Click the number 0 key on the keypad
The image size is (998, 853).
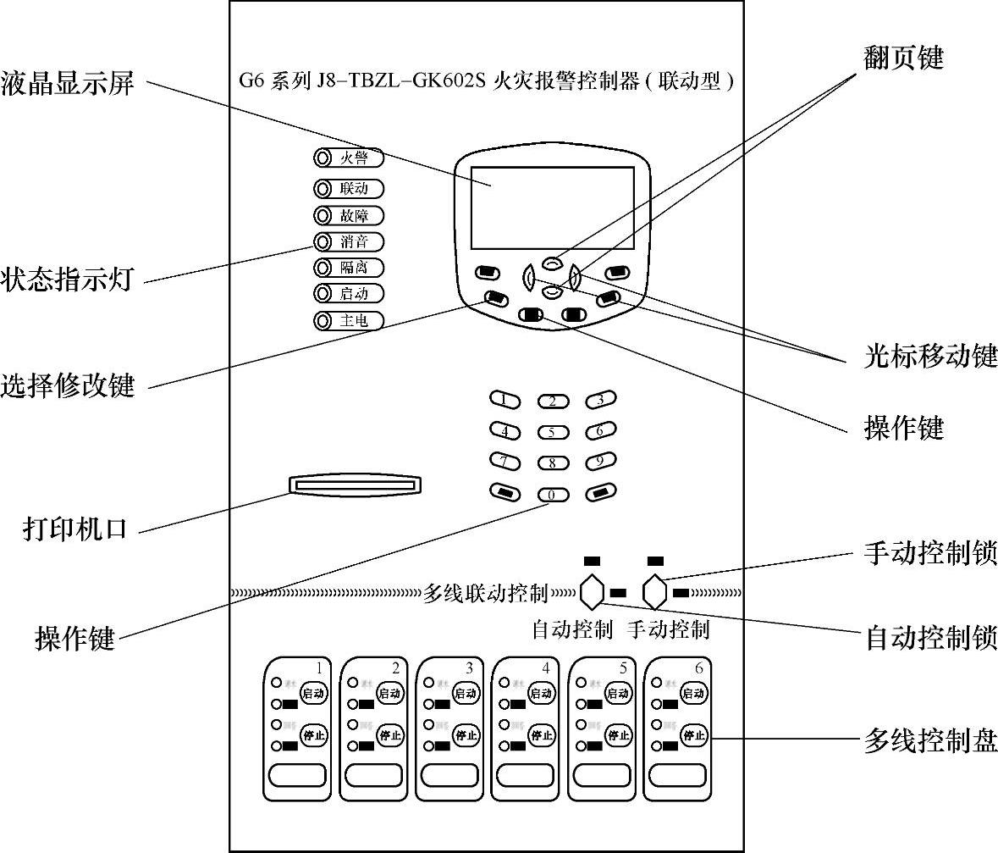(552, 494)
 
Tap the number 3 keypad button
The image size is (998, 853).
(600, 399)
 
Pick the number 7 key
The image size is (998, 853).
(505, 462)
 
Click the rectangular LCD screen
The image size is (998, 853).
(552, 208)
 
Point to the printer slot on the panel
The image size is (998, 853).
(356, 485)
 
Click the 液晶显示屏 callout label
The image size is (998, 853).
(68, 84)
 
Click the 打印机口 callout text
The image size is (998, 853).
(74, 530)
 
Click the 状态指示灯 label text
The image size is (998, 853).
(68, 280)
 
